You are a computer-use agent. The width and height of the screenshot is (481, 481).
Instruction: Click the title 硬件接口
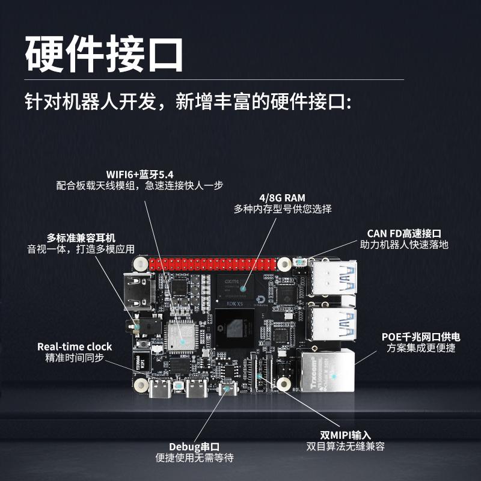tap(103, 54)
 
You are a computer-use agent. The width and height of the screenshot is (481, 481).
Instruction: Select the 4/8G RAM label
tap(282, 197)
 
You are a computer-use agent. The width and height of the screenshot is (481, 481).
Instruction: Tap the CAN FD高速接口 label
tap(404, 233)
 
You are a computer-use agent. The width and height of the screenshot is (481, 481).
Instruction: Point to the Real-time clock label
tap(75, 346)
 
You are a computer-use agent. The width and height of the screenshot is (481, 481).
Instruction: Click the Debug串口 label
tap(194, 446)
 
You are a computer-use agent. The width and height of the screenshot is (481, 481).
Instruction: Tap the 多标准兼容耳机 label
tap(81, 237)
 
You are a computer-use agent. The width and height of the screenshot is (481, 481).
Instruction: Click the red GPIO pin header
tap(213, 263)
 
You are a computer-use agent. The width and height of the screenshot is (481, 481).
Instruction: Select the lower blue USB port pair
tap(333, 325)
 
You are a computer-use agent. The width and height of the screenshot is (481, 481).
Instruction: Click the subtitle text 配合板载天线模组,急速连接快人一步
tap(144, 186)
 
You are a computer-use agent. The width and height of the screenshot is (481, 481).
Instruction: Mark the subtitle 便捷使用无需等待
tap(194, 458)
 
